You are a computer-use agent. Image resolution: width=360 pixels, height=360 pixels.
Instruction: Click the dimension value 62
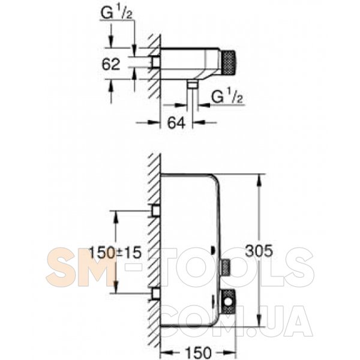click(x=111, y=64)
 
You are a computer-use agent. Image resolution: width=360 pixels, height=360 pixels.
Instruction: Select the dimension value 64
click(x=176, y=123)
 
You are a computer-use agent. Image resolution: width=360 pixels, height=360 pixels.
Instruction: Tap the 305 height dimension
click(x=259, y=250)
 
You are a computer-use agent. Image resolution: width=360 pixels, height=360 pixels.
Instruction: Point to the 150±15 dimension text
click(x=115, y=253)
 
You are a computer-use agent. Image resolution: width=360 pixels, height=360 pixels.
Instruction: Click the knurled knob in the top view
click(x=228, y=64)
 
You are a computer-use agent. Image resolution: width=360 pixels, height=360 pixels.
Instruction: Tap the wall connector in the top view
click(x=156, y=62)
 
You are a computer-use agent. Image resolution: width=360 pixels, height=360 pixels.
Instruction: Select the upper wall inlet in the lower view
click(x=156, y=211)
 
